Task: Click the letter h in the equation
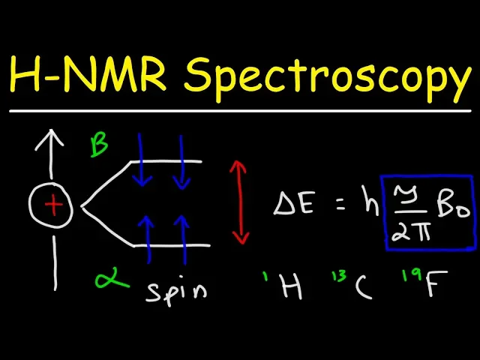pyautogui.click(x=369, y=202)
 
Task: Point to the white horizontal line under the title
pyautogui.click(x=240, y=112)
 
